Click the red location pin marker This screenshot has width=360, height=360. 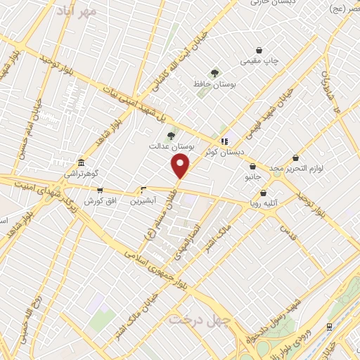tap(181, 165)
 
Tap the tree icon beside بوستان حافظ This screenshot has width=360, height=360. tap(214, 72)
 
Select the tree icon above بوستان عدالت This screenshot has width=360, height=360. tap(170, 136)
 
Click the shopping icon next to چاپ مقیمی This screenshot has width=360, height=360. tap(260, 51)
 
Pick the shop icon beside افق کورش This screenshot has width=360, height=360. tap(100, 190)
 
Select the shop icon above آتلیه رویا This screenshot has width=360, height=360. tap(264, 193)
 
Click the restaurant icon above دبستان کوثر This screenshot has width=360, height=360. tap(224, 141)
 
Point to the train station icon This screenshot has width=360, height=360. tap(329, 326)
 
